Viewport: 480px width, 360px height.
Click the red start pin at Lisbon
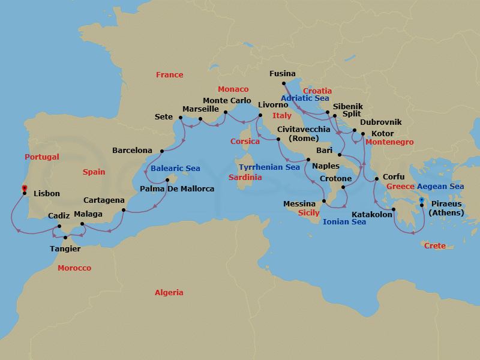click(24, 189)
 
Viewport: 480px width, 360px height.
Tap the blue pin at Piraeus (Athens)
click(422, 201)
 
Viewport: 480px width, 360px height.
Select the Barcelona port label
click(133, 151)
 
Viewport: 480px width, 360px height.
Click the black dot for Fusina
click(284, 84)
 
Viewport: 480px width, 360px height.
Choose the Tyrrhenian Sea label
click(269, 167)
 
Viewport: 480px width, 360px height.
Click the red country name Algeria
click(169, 293)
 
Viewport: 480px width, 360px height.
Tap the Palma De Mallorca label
click(176, 189)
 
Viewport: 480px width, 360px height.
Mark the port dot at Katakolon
click(394, 209)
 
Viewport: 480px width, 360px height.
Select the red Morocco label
click(74, 268)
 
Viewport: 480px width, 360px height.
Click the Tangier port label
click(64, 248)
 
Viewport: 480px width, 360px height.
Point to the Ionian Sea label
click(344, 222)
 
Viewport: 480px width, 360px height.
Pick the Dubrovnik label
click(381, 122)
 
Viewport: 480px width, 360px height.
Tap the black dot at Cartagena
click(124, 210)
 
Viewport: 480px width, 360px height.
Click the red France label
click(169, 75)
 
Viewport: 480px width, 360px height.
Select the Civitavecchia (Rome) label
click(302, 134)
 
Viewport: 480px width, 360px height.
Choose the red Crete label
click(435, 246)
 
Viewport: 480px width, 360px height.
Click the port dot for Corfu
click(376, 179)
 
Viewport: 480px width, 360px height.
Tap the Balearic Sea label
click(175, 169)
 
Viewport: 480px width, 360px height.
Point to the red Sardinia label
click(245, 178)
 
